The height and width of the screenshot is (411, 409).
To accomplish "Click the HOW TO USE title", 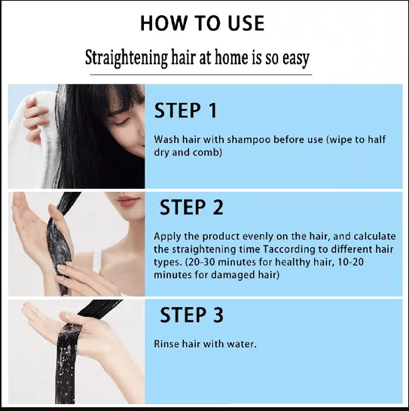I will (x=202, y=24).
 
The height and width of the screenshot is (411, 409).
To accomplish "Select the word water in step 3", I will (x=240, y=344).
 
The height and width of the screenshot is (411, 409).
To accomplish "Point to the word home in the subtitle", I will (x=233, y=58).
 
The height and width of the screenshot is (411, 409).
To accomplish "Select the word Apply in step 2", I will (x=166, y=236).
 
